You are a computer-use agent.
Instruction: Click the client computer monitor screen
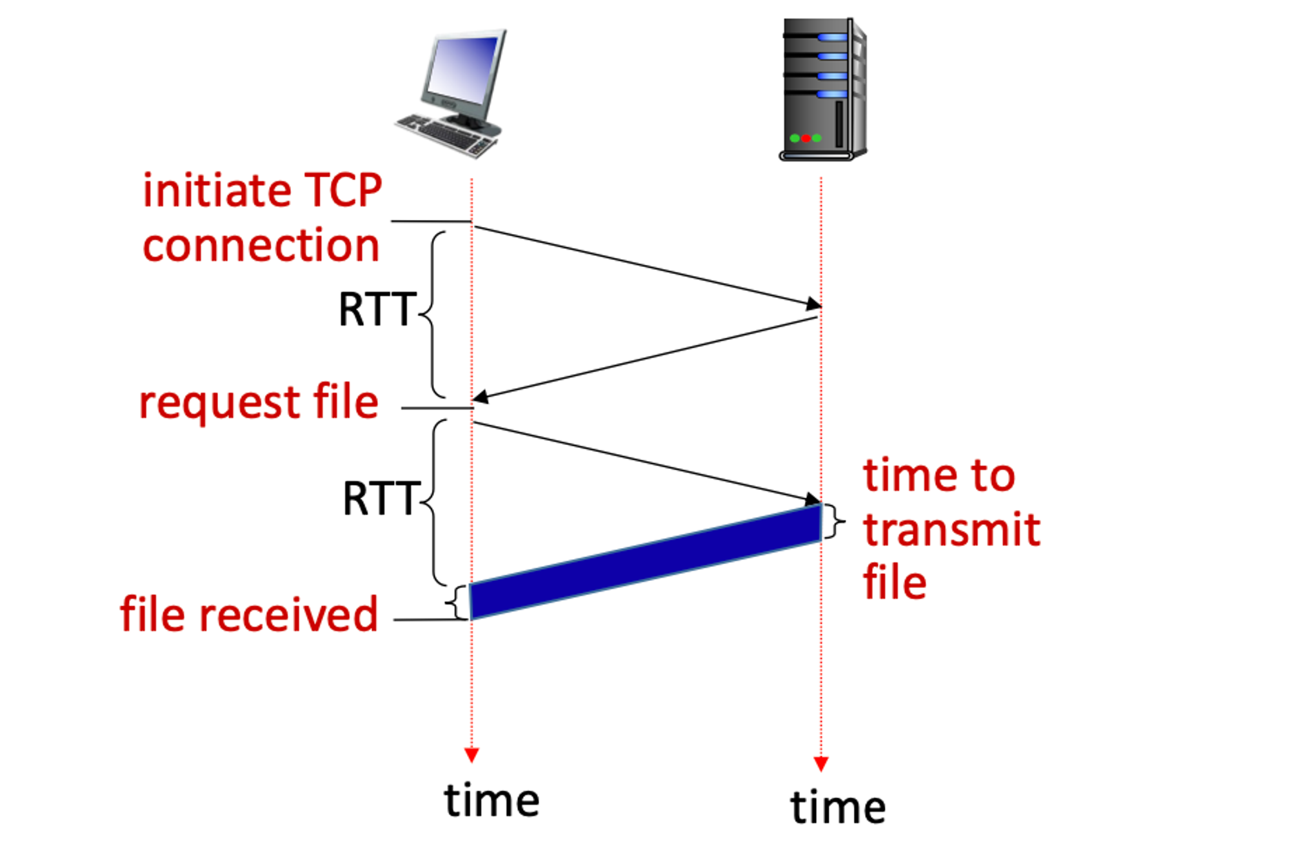click(462, 66)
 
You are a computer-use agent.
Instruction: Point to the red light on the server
click(806, 138)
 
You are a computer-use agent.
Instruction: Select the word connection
click(261, 246)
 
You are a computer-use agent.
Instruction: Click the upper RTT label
click(377, 310)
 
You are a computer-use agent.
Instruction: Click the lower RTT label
click(381, 499)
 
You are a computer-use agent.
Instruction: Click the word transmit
click(951, 530)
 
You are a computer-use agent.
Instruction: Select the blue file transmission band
click(645, 561)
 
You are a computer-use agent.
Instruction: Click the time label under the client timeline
click(491, 801)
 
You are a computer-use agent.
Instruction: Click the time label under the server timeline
click(838, 807)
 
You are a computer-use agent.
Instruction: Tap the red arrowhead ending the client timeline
click(471, 755)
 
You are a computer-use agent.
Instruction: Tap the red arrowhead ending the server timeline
click(820, 764)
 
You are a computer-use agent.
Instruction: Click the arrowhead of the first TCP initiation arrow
click(812, 304)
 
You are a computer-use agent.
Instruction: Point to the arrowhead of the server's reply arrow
click(481, 397)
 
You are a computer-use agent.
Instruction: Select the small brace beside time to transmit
click(835, 521)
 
